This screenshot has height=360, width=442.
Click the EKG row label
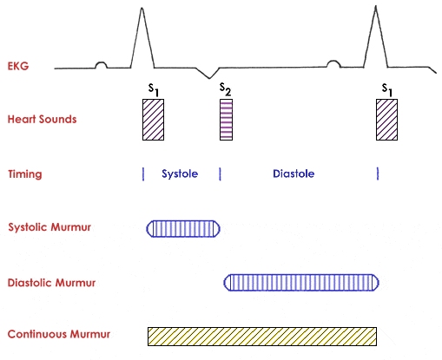[x=18, y=66]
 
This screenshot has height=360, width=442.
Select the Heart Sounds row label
[x=42, y=119]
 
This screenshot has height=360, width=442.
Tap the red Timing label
[x=25, y=174]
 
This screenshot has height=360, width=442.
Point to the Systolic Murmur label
[x=49, y=227]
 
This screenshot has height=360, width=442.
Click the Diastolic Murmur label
[x=51, y=283]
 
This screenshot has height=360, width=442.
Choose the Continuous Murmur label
[x=59, y=334]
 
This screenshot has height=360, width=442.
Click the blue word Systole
[x=180, y=173]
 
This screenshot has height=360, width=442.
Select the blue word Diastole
[x=294, y=173]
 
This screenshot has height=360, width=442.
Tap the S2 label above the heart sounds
[x=225, y=89]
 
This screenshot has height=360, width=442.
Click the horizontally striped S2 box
[x=226, y=120]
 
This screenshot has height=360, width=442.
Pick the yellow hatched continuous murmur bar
[x=262, y=337]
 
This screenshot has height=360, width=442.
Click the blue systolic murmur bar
[x=183, y=229]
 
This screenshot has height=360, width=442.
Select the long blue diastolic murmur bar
[x=301, y=283]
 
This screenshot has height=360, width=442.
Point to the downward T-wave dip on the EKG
[x=209, y=78]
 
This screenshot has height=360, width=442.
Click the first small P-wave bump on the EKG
[x=101, y=65]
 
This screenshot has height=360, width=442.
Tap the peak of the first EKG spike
[x=142, y=8]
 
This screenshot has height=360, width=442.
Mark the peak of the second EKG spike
[x=376, y=6]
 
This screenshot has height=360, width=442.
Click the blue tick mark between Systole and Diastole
[x=220, y=173]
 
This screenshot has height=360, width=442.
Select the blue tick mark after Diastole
[x=378, y=173]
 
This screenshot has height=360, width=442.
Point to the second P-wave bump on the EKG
[x=333, y=63]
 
